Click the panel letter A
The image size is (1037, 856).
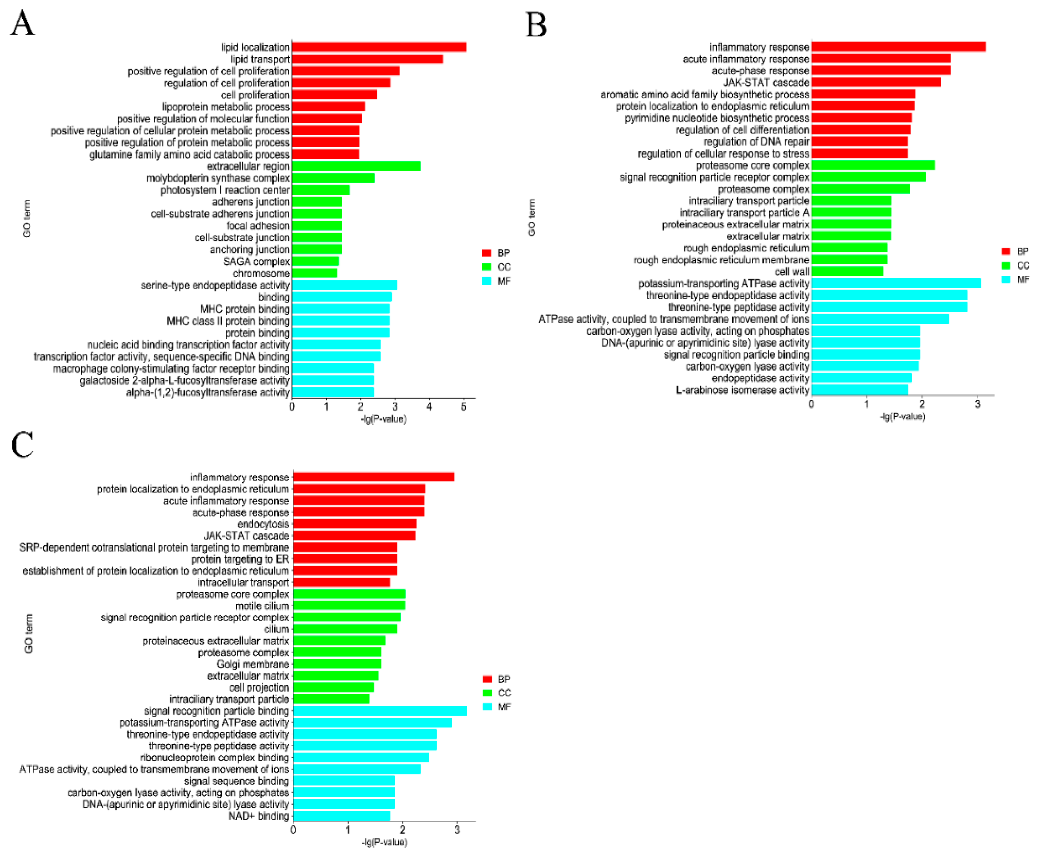pyautogui.click(x=22, y=23)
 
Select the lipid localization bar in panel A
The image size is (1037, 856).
pyautogui.click(x=378, y=47)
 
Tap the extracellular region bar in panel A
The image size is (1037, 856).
pyautogui.click(x=356, y=166)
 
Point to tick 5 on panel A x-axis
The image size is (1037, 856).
pyautogui.click(x=463, y=407)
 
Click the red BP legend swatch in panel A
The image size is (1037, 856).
pyautogui.click(x=486, y=253)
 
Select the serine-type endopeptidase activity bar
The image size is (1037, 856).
pyautogui.click(x=344, y=285)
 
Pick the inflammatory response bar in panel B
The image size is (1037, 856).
pyautogui.click(x=898, y=47)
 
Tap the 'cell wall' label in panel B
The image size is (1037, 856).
pyautogui.click(x=791, y=272)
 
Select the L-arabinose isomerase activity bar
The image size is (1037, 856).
pyautogui.click(x=859, y=390)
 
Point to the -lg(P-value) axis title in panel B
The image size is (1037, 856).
pyautogui.click(x=902, y=417)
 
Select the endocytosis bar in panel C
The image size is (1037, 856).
pyautogui.click(x=354, y=524)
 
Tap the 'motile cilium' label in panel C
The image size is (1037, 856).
pyautogui.click(x=262, y=606)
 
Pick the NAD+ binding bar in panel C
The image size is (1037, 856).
pyautogui.click(x=341, y=816)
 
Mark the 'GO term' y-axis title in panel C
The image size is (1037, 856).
pyautogui.click(x=29, y=633)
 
